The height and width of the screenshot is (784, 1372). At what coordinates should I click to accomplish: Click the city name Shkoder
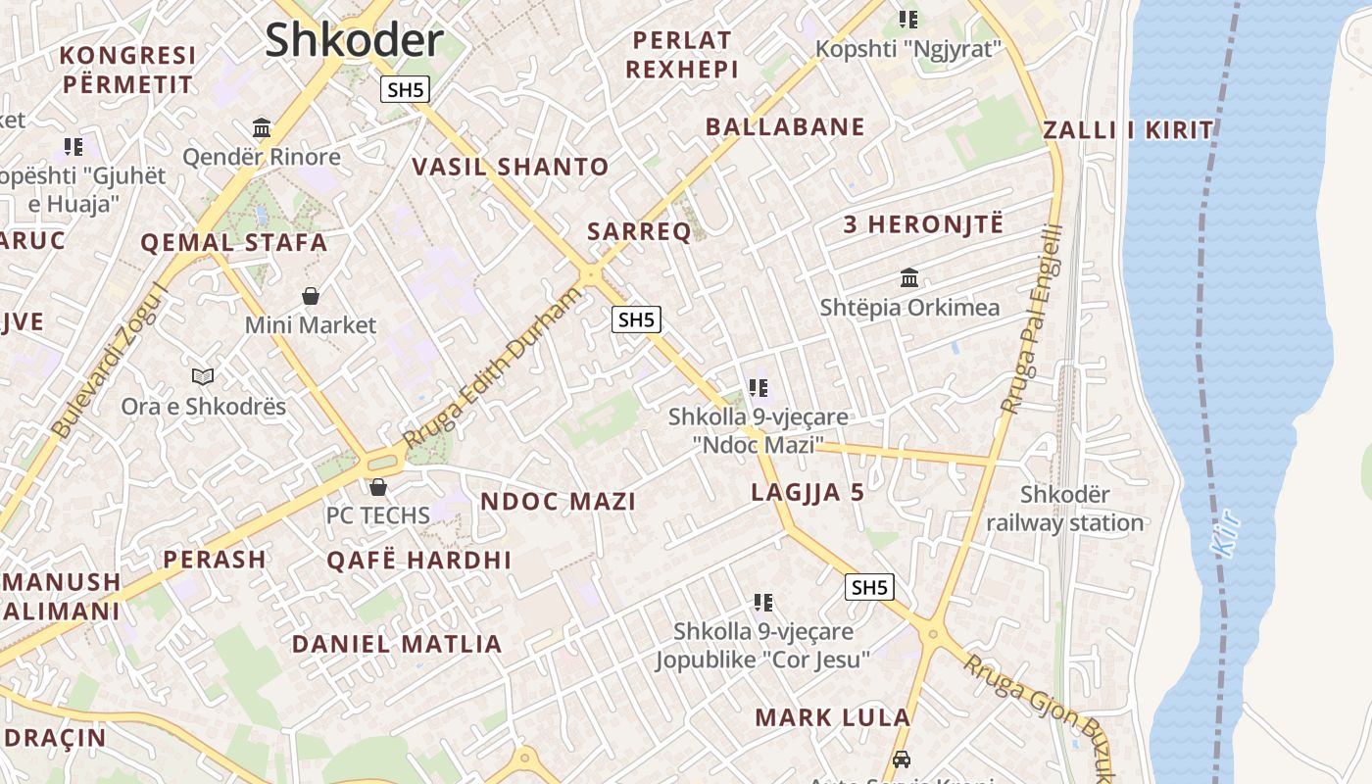point(354,40)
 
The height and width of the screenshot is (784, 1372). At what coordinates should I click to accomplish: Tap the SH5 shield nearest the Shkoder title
point(405,90)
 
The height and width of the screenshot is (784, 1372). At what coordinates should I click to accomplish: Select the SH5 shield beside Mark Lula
point(868,587)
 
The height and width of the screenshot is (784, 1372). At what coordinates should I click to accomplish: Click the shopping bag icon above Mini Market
point(311,296)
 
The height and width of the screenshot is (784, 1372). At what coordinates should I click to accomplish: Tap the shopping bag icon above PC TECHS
point(378,487)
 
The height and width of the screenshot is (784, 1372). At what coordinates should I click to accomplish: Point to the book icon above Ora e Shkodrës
point(203,376)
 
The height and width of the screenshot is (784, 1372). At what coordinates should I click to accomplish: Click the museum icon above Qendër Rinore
point(262,127)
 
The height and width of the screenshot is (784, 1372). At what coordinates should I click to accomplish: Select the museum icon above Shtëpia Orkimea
point(909,278)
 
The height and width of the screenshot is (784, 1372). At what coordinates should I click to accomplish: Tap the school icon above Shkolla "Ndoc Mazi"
point(759,388)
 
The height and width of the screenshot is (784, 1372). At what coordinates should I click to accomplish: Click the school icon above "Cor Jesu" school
point(763,602)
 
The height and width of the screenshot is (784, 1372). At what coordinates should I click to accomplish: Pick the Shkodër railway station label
point(1065,509)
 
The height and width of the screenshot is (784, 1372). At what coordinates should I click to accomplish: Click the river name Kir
point(1228,536)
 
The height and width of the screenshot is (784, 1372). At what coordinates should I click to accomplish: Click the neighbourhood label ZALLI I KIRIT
point(1128,130)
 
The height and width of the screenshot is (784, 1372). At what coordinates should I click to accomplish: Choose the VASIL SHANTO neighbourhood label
point(511,167)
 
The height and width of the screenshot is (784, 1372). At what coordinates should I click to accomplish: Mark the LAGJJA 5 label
point(808,493)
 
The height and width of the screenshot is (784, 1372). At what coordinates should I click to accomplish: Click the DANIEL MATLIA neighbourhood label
point(397,645)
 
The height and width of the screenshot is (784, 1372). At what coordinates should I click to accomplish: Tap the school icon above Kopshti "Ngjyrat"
point(908,19)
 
